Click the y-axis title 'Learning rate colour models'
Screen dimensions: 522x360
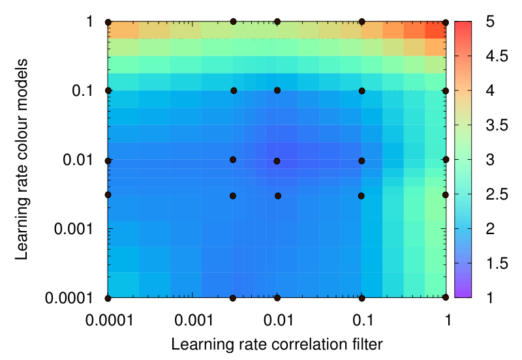[x=21, y=159]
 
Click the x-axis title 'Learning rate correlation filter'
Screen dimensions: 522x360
[x=277, y=344]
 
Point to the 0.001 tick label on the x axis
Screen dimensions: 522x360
[x=193, y=320]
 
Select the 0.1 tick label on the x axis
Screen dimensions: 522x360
[x=363, y=320]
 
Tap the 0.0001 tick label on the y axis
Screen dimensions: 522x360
[x=69, y=298]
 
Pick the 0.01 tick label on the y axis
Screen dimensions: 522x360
[x=78, y=160]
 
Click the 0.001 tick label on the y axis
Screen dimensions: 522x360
[x=74, y=229]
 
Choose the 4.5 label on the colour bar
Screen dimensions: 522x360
[x=497, y=56]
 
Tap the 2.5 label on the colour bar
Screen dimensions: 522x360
[x=497, y=194]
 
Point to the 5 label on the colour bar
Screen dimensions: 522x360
[x=490, y=22]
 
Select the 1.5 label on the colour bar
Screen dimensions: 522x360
[x=497, y=263]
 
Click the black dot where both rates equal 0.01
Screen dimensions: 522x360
[x=277, y=161]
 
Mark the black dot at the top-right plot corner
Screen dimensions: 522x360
[x=446, y=23]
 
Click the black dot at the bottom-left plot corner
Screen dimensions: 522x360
[x=108, y=298]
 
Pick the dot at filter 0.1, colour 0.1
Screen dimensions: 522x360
[x=362, y=91]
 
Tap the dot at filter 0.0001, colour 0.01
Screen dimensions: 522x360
[x=108, y=161]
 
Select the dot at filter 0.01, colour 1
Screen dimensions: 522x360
[x=277, y=22]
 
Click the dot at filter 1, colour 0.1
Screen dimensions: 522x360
[x=446, y=91]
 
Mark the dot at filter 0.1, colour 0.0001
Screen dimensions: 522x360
[x=362, y=298]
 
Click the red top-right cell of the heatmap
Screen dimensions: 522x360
[x=435, y=30]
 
